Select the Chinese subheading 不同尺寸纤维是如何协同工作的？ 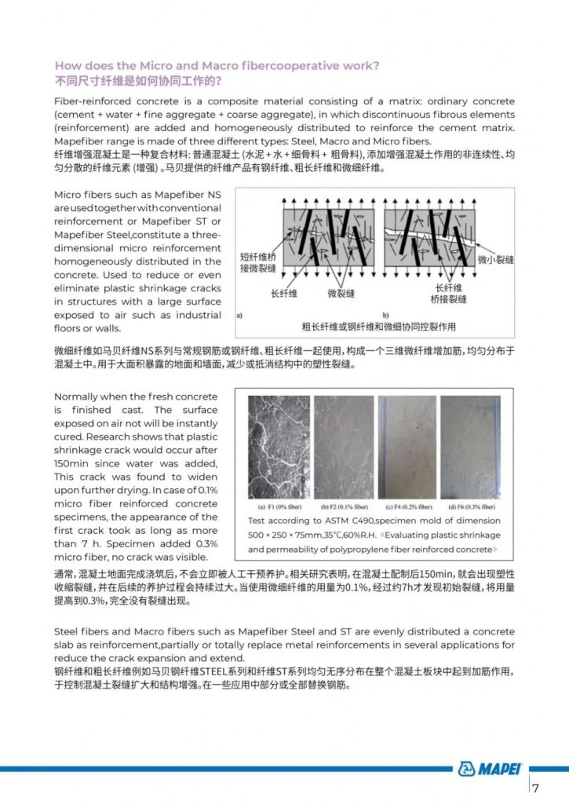[x=138, y=81]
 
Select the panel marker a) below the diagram [x=239, y=313]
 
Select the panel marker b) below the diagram [x=385, y=313]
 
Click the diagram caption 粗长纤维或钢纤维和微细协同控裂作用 [x=379, y=326]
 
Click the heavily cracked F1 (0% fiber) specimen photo [x=278, y=446]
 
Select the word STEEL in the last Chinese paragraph [x=215, y=671]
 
